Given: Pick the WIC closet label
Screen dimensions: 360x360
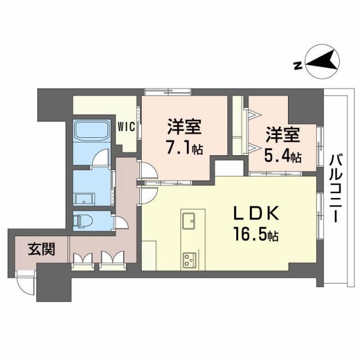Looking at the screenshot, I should (125, 127).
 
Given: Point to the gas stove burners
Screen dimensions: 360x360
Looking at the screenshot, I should (188, 259).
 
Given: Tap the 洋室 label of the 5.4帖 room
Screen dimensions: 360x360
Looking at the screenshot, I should (283, 135).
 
